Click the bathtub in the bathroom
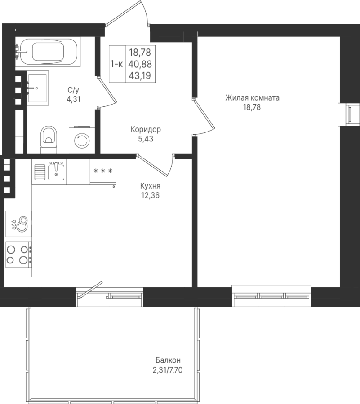(x=48, y=52)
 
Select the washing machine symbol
(x=82, y=140)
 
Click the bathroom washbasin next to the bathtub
(x=38, y=88)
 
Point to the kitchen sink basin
(x=56, y=172)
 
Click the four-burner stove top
(x=18, y=255)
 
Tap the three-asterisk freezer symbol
(x=103, y=171)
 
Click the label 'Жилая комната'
(x=252, y=98)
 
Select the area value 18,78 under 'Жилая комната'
(x=252, y=107)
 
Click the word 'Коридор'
(x=146, y=129)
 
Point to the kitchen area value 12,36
(x=151, y=195)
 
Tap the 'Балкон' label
(x=168, y=360)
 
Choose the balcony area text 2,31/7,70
(x=168, y=370)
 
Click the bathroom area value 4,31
(x=74, y=99)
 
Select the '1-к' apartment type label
(x=116, y=64)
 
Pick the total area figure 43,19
(x=140, y=75)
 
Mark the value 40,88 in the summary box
(x=140, y=64)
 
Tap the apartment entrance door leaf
(x=124, y=13)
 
